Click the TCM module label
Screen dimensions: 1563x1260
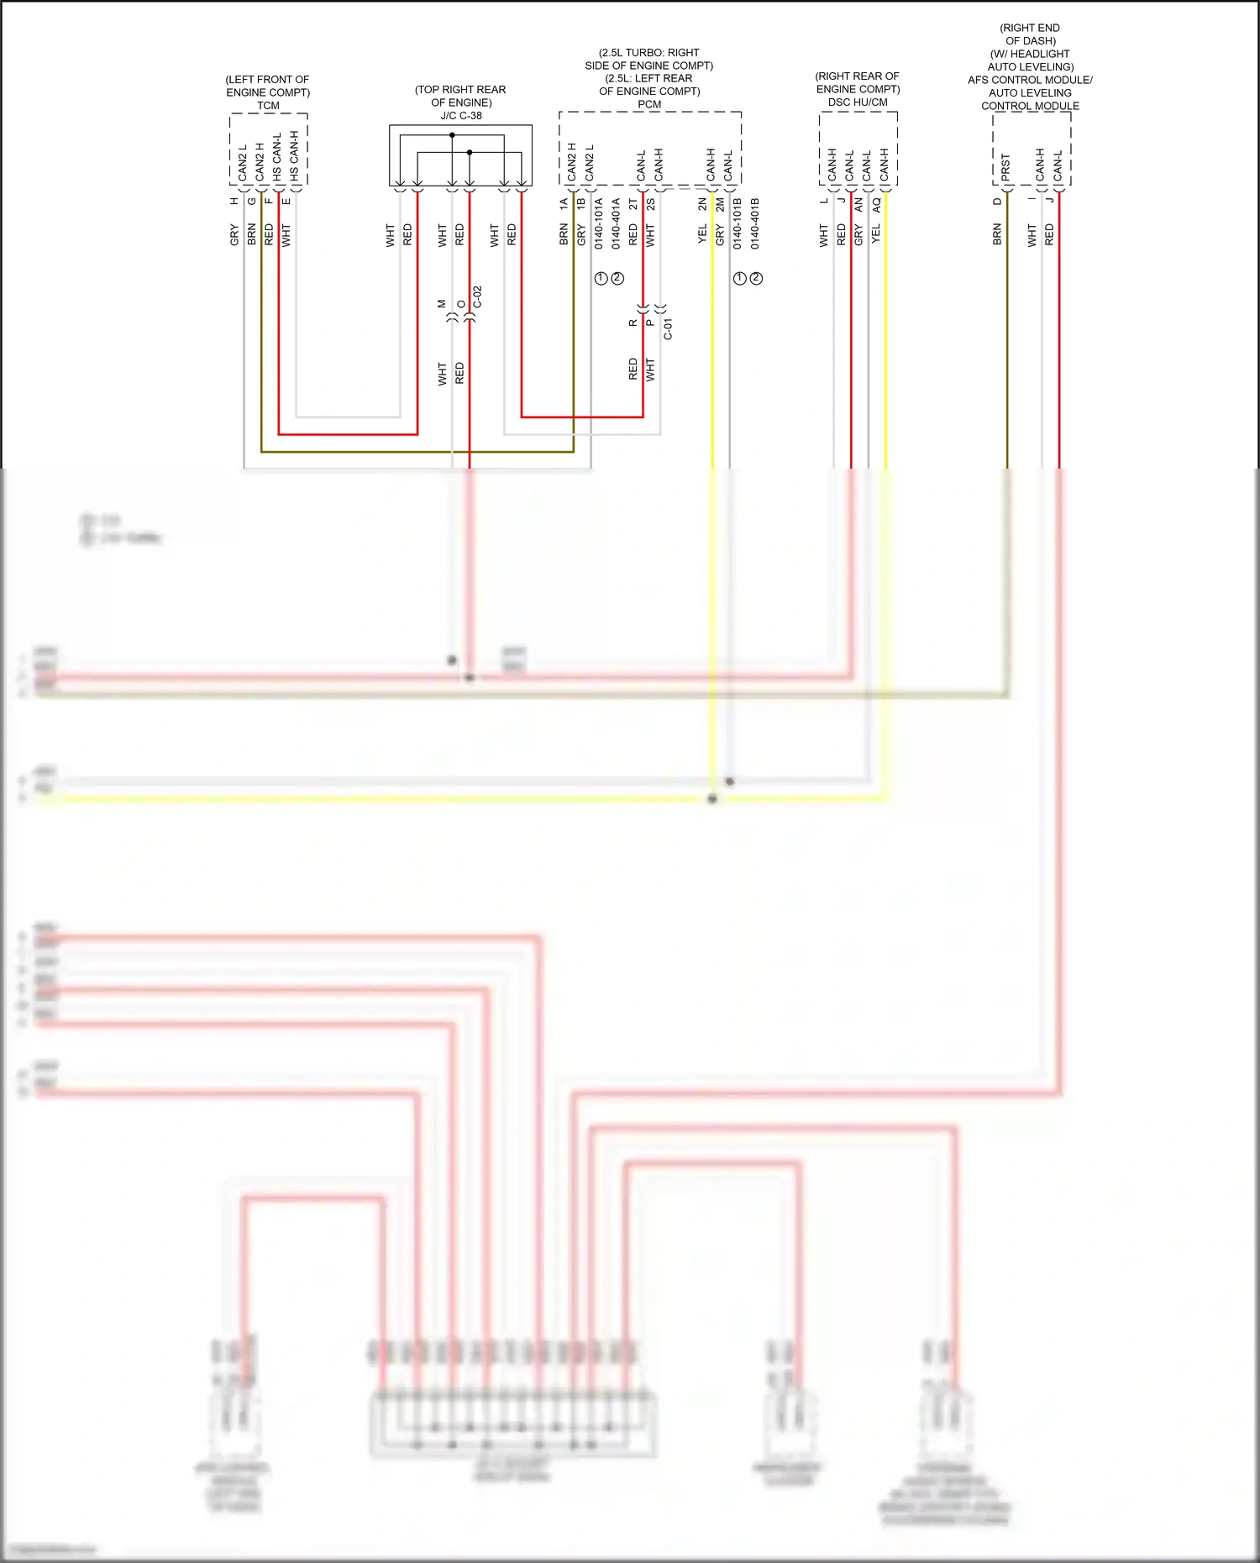tap(268, 106)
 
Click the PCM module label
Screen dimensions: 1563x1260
tap(649, 105)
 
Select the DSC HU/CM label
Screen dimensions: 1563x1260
tap(858, 102)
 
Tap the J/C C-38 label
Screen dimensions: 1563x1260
tap(461, 116)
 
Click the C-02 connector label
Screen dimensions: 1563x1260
tap(477, 297)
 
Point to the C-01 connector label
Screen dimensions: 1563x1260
tap(669, 328)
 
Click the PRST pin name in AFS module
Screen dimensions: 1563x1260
tap(1005, 166)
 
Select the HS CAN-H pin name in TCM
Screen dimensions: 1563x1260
tap(294, 156)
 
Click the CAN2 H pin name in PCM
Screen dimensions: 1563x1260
tap(572, 162)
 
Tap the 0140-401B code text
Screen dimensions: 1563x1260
tap(754, 223)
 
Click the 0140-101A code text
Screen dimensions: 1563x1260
tap(599, 223)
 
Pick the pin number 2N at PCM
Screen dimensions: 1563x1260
tap(702, 203)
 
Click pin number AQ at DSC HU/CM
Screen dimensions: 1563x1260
tap(876, 204)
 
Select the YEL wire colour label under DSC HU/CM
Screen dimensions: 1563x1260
tap(876, 233)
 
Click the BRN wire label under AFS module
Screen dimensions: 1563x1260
tap(997, 234)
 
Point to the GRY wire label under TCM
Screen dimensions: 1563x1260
tap(234, 235)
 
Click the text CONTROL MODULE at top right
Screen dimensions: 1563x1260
tap(1030, 106)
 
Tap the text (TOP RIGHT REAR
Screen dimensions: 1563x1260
tap(460, 90)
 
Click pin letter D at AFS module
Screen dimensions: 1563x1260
tap(997, 202)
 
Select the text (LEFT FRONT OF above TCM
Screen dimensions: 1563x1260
tap(267, 80)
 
